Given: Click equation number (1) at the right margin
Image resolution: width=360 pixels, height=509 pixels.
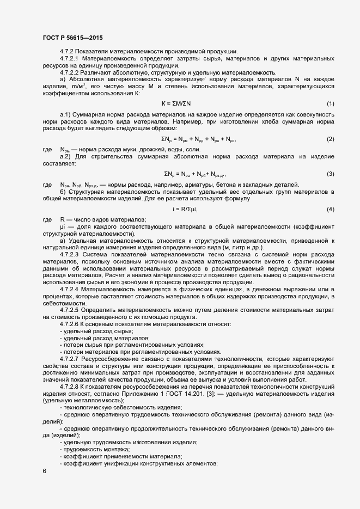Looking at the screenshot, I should point(330,103).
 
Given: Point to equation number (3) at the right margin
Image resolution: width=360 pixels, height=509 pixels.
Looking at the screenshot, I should point(330,174).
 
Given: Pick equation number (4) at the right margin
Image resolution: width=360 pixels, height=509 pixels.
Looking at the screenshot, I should point(330,210).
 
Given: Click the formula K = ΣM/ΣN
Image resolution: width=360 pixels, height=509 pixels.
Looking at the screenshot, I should point(176,103).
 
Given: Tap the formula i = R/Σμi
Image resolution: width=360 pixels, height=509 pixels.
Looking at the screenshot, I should point(185,210).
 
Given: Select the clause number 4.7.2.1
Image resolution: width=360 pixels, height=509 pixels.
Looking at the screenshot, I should point(70,58).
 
